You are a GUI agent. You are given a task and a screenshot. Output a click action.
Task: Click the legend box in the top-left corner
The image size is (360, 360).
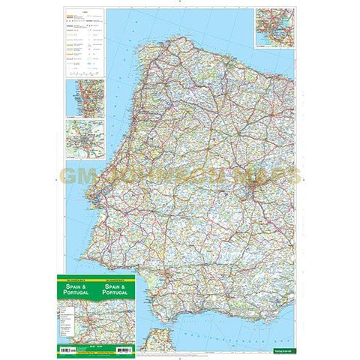(84, 44)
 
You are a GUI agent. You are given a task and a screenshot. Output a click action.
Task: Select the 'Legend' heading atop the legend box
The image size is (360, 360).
(84, 13)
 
